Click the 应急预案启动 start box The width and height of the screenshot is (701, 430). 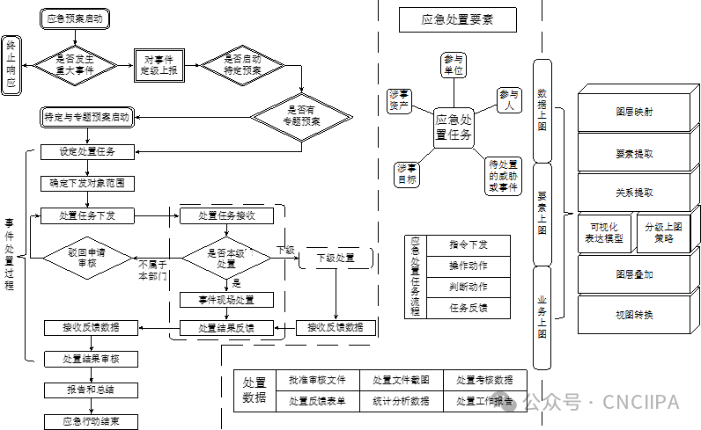(x=74, y=18)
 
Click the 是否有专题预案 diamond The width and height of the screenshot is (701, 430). (x=302, y=116)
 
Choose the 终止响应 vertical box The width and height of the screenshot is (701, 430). (x=11, y=66)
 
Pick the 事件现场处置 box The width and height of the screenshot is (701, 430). (x=225, y=300)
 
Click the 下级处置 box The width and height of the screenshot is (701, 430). (x=334, y=258)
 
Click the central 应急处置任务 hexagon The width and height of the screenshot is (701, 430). (x=454, y=128)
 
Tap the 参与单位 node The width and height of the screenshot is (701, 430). (x=454, y=64)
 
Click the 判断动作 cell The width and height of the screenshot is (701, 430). (x=468, y=286)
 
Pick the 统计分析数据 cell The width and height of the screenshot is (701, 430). (x=401, y=401)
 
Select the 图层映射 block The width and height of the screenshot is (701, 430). (x=634, y=112)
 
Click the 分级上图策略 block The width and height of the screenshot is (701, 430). (x=665, y=232)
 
